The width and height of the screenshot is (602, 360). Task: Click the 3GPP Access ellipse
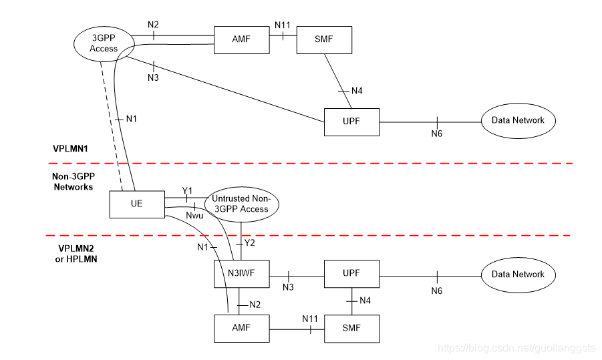104,43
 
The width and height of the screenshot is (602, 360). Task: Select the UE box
136,204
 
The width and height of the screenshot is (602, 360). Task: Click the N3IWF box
241,274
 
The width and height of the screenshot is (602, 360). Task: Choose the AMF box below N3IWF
241,329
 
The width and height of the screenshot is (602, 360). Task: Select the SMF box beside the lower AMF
351,329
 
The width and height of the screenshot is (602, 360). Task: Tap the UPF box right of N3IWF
351,274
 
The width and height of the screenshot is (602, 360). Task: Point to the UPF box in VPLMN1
351,122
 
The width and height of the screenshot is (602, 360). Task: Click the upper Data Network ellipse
518,121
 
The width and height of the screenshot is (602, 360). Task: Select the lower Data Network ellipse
518,274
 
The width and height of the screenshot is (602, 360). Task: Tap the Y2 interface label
249,243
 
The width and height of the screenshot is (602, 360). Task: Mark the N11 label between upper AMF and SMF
282,25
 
